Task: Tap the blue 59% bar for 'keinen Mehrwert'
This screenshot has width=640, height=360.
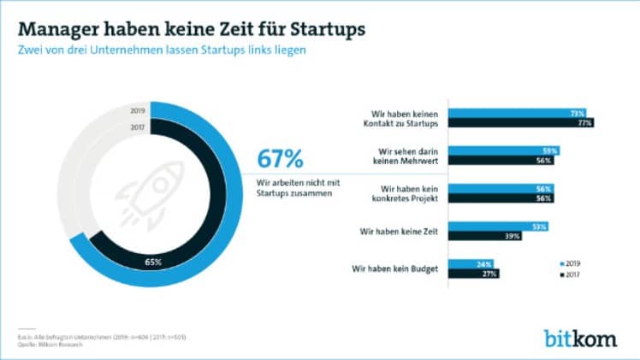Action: [502, 150]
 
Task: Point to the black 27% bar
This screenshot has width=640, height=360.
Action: [471, 274]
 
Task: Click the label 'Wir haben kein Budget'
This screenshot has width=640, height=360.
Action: [396, 269]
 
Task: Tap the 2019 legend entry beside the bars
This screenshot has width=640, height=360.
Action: [568, 265]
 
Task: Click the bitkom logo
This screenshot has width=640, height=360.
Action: [578, 337]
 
